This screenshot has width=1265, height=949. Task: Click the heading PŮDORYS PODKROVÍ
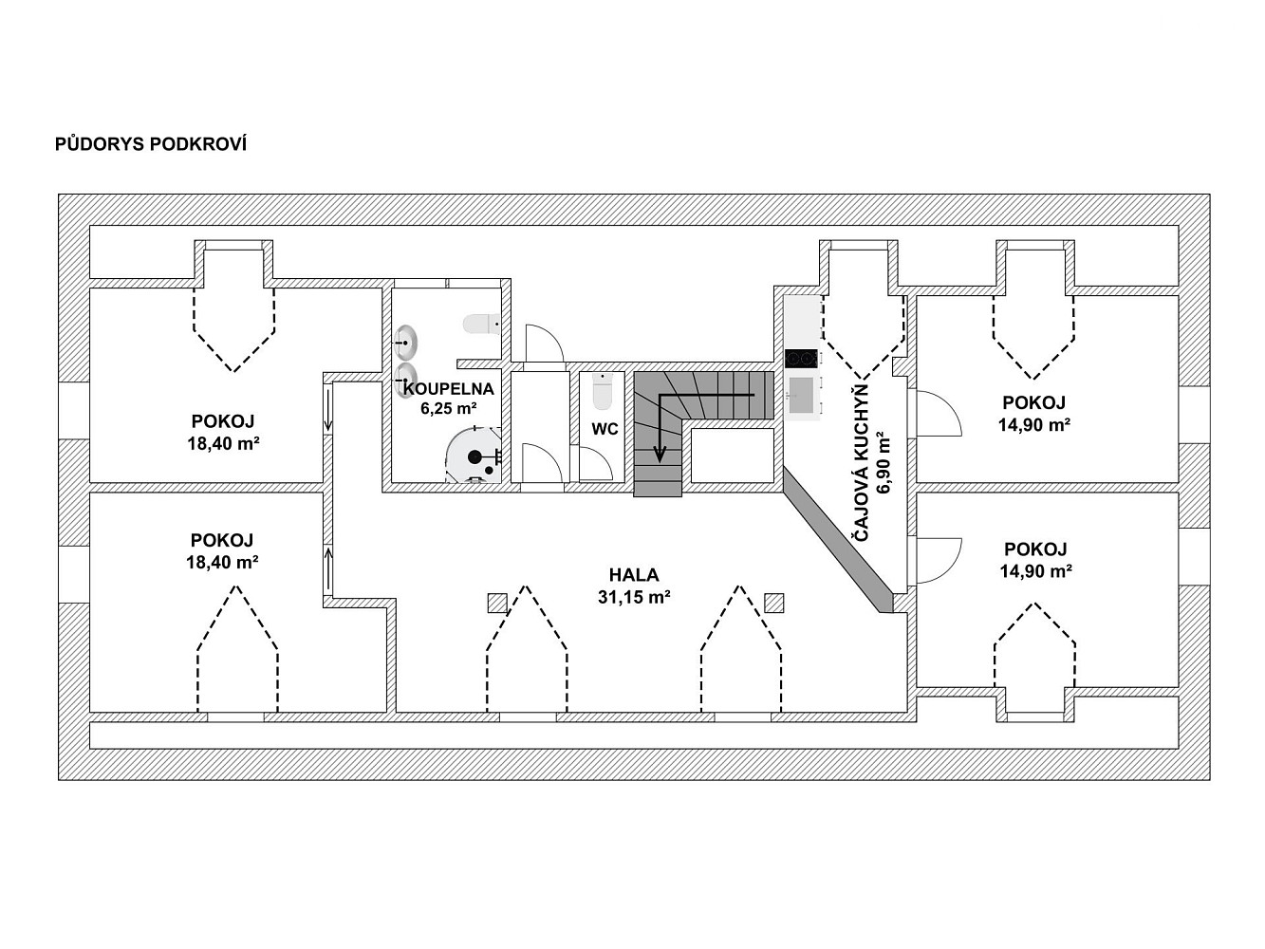tap(151, 144)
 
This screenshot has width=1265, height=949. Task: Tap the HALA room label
tap(634, 574)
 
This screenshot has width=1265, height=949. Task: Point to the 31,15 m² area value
tap(634, 597)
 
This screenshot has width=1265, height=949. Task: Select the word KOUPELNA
tap(449, 389)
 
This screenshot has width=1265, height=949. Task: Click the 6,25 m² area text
tap(449, 408)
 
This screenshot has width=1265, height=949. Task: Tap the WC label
tap(605, 429)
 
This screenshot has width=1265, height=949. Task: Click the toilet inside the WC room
tap(603, 391)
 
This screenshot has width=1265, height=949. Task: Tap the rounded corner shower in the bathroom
tap(474, 456)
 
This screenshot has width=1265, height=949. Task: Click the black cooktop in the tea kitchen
tap(802, 359)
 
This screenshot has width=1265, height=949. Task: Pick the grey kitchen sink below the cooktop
tap(802, 396)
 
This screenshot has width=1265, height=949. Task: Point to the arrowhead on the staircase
tap(660, 455)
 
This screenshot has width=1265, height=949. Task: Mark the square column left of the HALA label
tap(497, 603)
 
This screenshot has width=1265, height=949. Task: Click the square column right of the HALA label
tap(774, 603)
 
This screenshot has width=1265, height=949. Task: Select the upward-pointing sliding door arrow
tap(328, 568)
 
